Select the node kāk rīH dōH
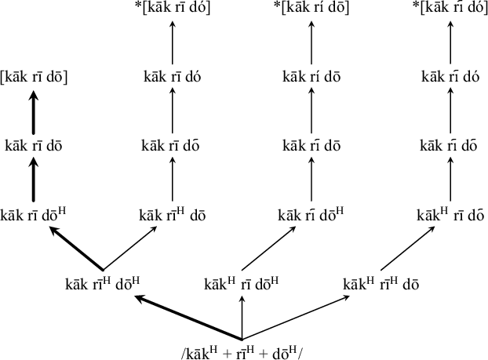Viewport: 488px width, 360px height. click(102, 284)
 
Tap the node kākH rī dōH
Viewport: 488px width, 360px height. click(242, 284)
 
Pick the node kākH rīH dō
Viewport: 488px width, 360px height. click(381, 284)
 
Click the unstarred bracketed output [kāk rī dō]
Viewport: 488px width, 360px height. click(35, 78)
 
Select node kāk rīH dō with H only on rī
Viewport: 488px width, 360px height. click(173, 214)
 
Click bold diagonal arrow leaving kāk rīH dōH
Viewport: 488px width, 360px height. click(75, 249)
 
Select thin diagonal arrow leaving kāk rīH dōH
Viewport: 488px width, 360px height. click(137, 249)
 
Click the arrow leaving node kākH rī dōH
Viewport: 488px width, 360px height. click(276, 249)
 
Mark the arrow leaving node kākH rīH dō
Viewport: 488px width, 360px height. click(416, 249)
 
